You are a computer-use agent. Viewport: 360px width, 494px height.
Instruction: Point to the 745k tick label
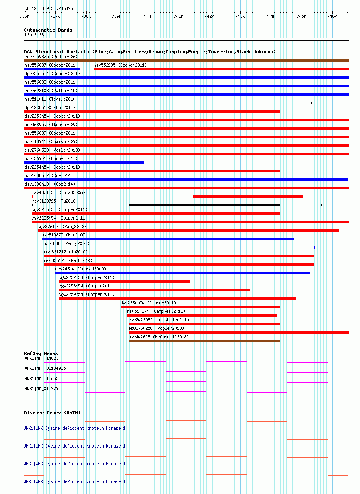(x=301, y=16)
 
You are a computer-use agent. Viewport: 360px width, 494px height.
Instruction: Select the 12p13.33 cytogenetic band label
(x=34, y=35)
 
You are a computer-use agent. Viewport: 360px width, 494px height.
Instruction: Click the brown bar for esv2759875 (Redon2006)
(x=186, y=61)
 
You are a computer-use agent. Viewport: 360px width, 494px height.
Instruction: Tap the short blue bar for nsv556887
(x=52, y=69)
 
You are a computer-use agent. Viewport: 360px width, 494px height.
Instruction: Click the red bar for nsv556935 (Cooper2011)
(x=221, y=69)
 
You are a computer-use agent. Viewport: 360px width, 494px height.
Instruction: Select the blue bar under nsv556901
(x=84, y=163)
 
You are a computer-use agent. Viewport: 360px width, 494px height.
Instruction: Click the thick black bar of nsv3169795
(x=204, y=205)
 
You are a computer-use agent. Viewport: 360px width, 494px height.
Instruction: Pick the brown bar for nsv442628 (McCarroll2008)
(x=204, y=341)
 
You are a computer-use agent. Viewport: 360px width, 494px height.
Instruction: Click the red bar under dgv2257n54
(x=124, y=281)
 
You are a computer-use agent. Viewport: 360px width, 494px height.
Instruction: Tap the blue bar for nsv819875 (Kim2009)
(x=168, y=239)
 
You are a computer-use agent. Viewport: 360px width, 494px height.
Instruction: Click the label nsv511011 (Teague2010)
(x=51, y=99)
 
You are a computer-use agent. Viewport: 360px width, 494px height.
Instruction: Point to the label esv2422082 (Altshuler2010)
(x=160, y=320)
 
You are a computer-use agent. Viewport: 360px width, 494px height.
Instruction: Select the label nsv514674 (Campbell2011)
(x=156, y=311)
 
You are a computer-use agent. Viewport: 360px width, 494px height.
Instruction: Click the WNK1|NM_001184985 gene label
(x=45, y=368)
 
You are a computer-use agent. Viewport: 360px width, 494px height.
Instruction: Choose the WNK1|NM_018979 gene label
(x=41, y=388)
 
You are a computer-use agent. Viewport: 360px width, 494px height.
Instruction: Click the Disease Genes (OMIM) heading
(x=52, y=413)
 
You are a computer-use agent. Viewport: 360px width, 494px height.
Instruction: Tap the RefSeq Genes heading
(x=41, y=354)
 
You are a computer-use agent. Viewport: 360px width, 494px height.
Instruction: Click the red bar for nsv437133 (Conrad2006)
(x=248, y=196)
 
